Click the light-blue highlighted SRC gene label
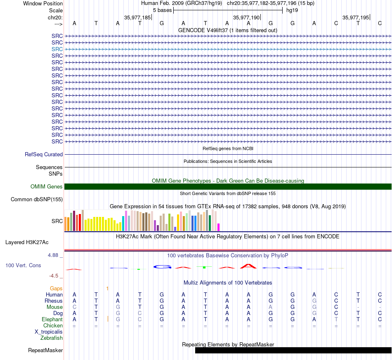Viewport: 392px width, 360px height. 57,49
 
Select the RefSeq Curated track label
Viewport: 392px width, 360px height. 44,154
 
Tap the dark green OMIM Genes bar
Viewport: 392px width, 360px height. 228,187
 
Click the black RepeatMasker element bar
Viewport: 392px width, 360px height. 293,350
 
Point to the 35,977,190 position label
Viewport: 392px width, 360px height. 246,17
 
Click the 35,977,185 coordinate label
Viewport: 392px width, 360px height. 137,17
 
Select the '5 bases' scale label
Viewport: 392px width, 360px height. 163,10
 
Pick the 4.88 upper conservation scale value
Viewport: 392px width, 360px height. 53,255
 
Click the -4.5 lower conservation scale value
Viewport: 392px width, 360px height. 54,275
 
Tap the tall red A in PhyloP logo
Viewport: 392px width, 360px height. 248,266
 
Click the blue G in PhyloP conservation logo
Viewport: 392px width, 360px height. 162,267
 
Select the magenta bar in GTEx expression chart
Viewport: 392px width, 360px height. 218,227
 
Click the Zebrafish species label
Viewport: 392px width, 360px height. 52,338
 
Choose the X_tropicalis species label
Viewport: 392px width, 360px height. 49,332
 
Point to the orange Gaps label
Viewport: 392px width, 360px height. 56,289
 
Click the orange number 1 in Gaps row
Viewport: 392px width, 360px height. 107,289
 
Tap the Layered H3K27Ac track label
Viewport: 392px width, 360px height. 27,242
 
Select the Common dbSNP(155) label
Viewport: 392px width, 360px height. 37,199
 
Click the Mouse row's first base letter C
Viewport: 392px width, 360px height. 74,307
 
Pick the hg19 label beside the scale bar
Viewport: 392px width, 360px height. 292,10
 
